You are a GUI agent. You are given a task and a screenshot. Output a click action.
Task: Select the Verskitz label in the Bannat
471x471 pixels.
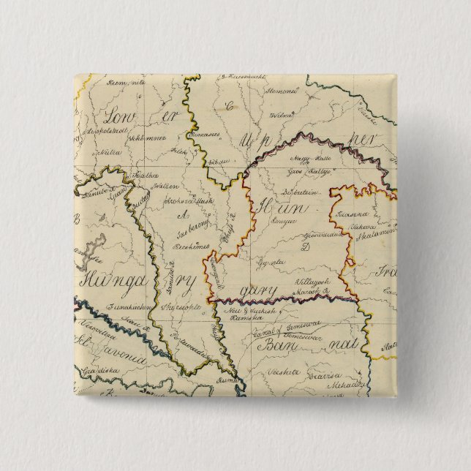[x=282, y=371]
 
